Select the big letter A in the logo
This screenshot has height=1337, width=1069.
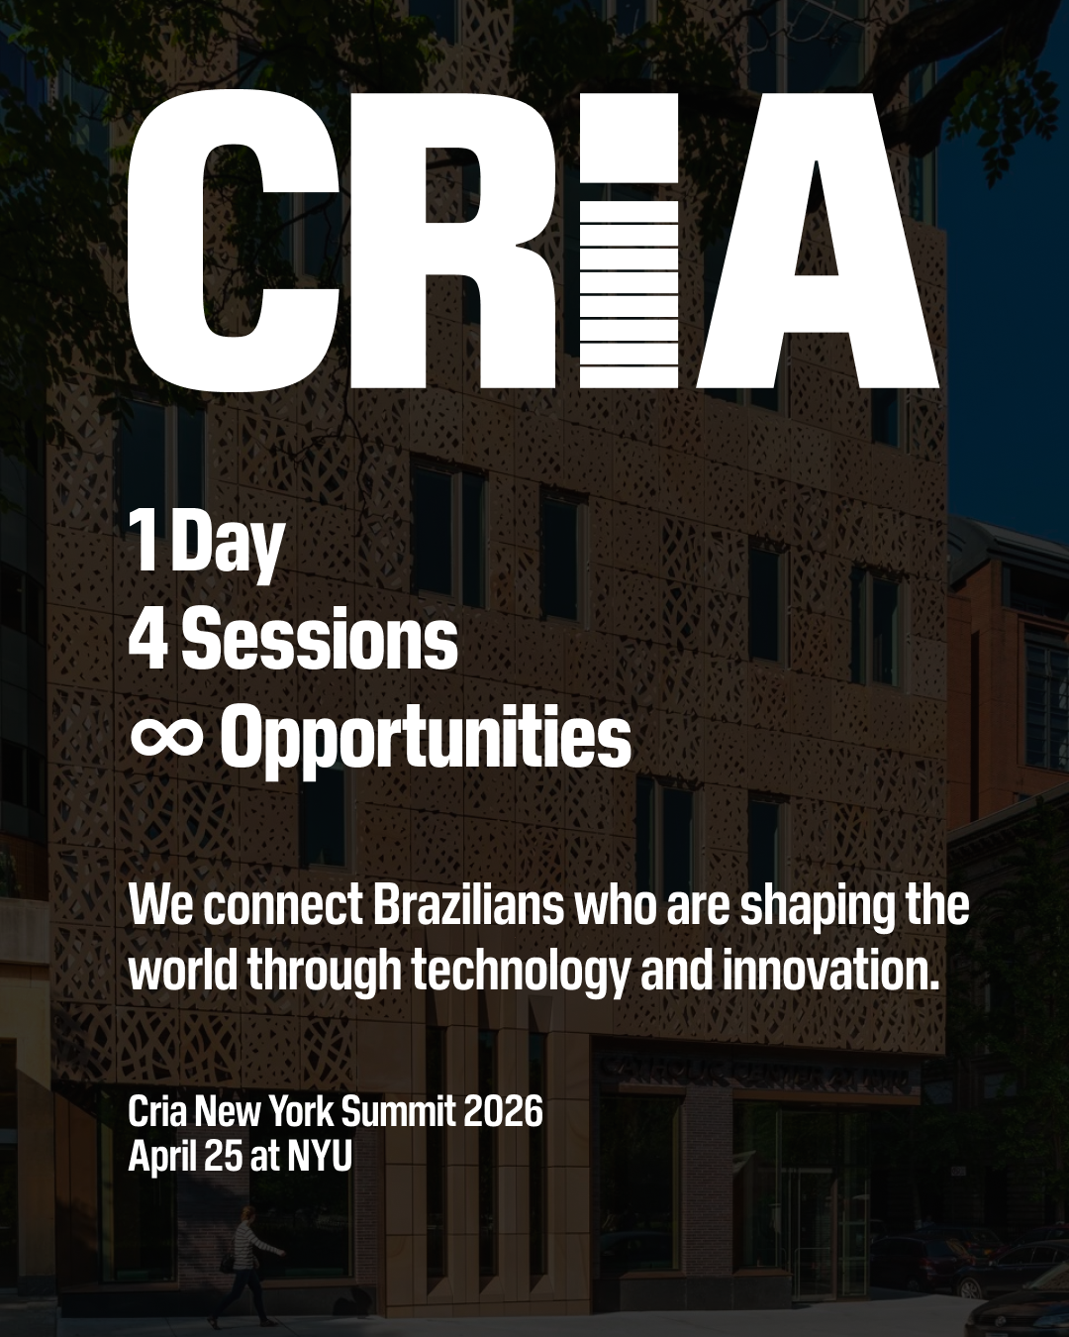pyautogui.click(x=817, y=241)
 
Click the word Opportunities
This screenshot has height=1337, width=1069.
pyautogui.click(x=426, y=740)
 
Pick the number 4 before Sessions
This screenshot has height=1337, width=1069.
pyautogui.click(x=147, y=640)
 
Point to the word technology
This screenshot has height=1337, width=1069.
pyautogui.click(x=520, y=972)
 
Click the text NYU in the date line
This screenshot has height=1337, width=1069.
pyautogui.click(x=320, y=1156)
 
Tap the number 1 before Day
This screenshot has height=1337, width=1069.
pyautogui.click(x=146, y=541)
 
